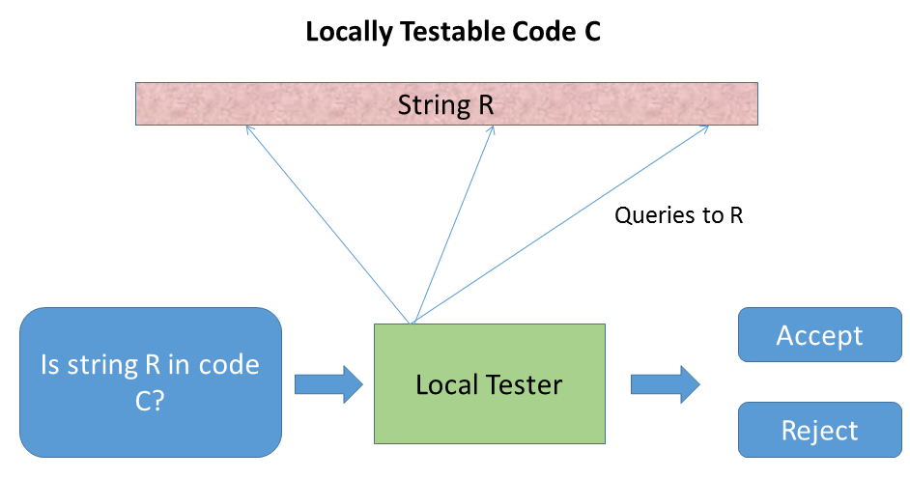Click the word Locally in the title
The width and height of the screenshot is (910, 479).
click(346, 32)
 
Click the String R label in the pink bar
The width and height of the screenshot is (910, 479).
click(445, 104)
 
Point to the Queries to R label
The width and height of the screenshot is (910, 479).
click(678, 215)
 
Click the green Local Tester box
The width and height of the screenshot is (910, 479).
click(489, 383)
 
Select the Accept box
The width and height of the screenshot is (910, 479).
click(819, 336)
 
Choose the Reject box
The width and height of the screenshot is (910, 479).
click(819, 430)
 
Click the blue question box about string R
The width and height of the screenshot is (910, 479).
click(150, 382)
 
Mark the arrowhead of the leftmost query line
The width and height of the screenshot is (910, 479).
click(249, 128)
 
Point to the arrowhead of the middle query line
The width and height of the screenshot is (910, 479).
click(494, 127)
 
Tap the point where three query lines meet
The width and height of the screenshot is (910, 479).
click(412, 322)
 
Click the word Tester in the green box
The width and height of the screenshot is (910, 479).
click(526, 385)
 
